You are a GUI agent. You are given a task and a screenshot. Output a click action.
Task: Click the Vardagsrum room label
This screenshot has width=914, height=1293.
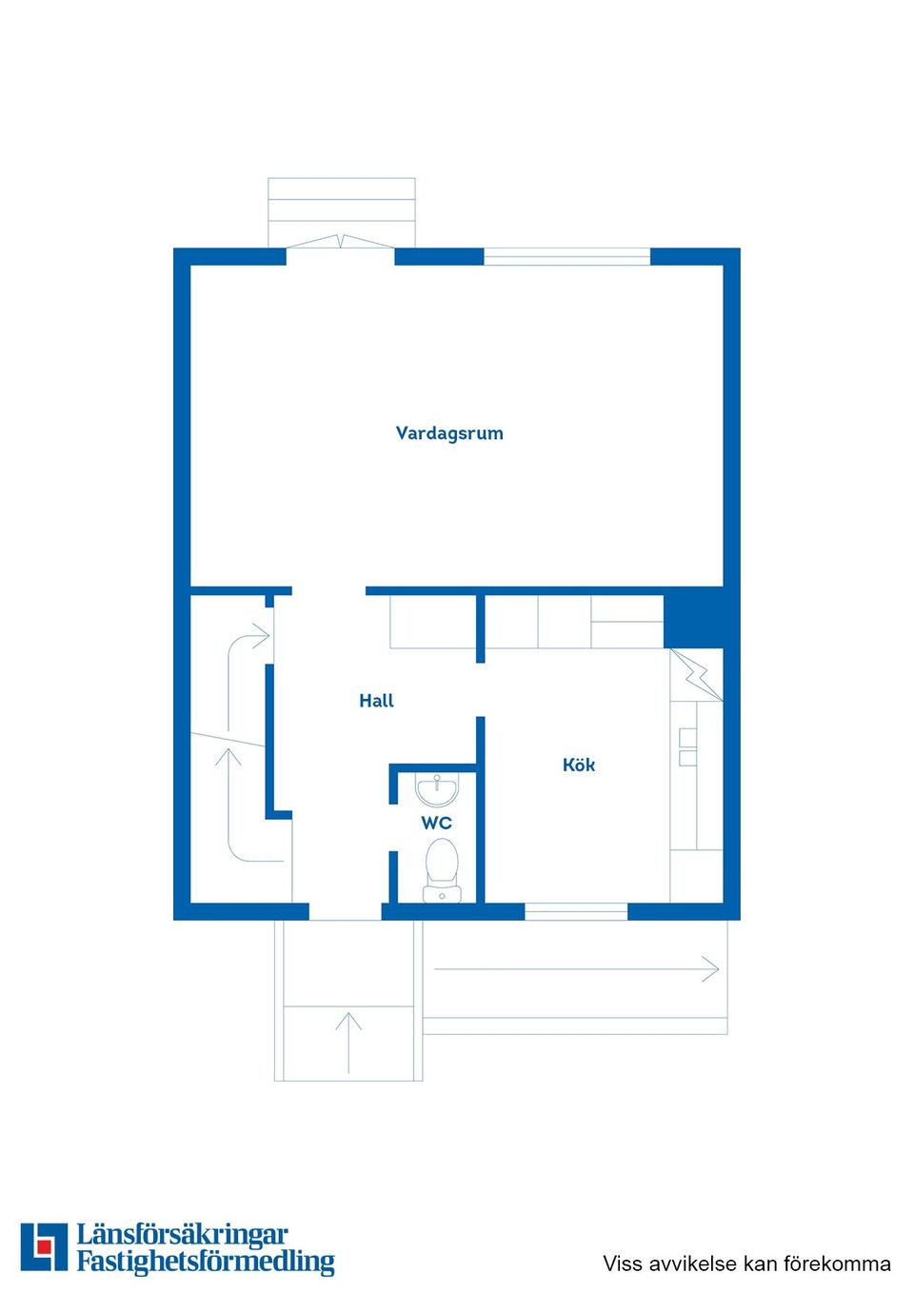(449, 433)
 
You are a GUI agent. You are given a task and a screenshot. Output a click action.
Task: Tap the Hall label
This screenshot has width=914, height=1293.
(376, 701)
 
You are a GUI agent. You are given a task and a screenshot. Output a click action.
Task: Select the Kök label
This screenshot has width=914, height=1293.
(579, 765)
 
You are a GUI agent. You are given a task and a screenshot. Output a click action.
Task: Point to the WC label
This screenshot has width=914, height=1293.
(436, 823)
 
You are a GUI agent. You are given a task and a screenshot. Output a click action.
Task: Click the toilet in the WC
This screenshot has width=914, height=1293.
(441, 867)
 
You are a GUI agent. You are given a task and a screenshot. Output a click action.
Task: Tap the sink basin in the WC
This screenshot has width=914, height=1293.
(437, 789)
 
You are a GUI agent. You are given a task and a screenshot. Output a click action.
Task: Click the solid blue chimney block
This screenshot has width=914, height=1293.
(694, 619)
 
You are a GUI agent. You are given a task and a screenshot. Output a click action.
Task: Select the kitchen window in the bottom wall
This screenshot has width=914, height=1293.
(575, 911)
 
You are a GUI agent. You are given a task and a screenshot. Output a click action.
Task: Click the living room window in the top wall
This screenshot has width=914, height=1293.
(566, 256)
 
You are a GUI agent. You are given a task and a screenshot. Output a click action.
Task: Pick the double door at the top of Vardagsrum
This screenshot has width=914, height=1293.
(340, 243)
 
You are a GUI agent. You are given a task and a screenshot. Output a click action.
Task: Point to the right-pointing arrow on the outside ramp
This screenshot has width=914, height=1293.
(709, 969)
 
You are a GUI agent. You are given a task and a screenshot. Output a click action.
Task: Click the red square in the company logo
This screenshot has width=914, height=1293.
(44, 1246)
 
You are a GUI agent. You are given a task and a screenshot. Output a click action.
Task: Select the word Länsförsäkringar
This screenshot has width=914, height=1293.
(182, 1235)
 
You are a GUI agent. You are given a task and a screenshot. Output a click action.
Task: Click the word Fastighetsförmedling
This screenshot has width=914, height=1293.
(206, 1262)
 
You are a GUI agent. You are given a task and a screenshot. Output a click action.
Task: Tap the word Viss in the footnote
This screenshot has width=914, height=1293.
(624, 1263)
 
